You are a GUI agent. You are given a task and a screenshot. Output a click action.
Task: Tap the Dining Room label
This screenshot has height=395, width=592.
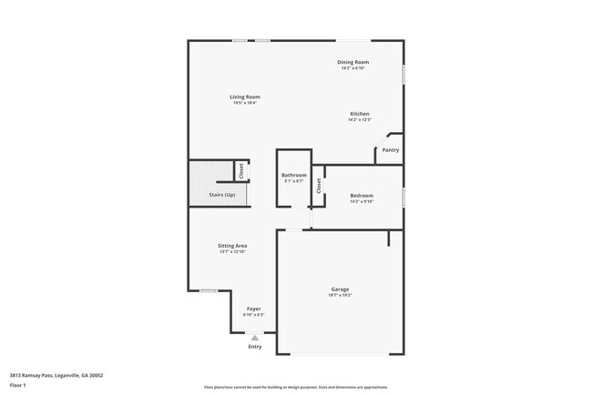(x=352, y=62)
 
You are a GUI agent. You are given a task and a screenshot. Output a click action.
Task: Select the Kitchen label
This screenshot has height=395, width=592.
(x=360, y=114)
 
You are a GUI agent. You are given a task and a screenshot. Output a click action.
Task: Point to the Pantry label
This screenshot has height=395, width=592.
(x=390, y=150)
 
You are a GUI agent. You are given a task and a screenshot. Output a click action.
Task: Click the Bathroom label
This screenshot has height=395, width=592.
(x=293, y=175)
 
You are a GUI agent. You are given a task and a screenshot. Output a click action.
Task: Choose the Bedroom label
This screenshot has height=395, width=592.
(x=362, y=196)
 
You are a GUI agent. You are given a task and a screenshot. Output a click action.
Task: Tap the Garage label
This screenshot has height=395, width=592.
(x=340, y=289)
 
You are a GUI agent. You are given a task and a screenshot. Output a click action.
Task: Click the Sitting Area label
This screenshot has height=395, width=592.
(x=233, y=246)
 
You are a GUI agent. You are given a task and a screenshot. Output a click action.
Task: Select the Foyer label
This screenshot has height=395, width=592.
(x=254, y=309)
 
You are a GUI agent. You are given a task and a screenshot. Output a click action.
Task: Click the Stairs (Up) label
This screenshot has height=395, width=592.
(x=222, y=195)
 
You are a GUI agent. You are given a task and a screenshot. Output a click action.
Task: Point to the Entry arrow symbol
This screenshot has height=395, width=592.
(x=255, y=338)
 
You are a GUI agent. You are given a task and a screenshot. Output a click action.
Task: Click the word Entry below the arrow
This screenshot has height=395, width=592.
(x=255, y=347)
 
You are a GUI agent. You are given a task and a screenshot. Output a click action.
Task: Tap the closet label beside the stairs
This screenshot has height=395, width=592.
(x=241, y=170)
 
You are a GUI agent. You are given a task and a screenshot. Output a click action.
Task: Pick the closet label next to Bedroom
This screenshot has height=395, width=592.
(x=319, y=186)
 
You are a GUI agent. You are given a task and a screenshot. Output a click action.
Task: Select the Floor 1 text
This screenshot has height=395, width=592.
(x=18, y=385)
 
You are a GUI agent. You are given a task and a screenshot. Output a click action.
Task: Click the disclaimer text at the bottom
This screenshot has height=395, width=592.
(x=296, y=387)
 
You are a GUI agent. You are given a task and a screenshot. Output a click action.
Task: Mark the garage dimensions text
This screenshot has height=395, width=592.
(x=340, y=295)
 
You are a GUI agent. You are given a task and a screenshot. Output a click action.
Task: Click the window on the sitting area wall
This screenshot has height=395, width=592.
(x=209, y=290)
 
